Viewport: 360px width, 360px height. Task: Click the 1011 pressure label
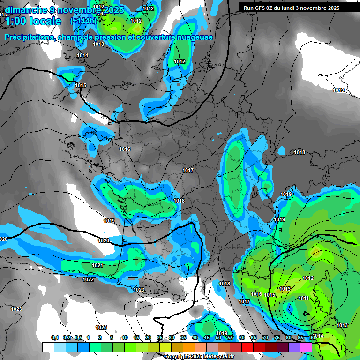tap(303, 299)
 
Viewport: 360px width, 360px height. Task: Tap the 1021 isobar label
tap(97, 265)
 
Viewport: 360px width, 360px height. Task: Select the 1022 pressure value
tap(88, 279)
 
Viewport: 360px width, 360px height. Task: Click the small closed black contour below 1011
tap(306, 313)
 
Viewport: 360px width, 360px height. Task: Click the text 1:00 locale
tap(33, 21)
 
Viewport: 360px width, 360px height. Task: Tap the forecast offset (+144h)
tap(83, 21)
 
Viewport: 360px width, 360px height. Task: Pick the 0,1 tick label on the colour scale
tap(55, 337)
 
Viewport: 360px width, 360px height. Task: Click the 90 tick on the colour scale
tap(312, 337)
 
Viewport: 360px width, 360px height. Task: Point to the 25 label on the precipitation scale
tap(160, 337)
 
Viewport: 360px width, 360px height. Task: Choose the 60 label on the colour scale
tap(242, 337)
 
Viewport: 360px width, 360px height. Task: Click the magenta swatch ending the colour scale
tap(306, 347)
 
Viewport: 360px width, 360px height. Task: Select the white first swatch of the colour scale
tap(48, 347)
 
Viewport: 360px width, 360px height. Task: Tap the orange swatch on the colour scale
tap(189, 347)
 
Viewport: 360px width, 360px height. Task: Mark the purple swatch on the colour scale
tap(294, 347)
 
